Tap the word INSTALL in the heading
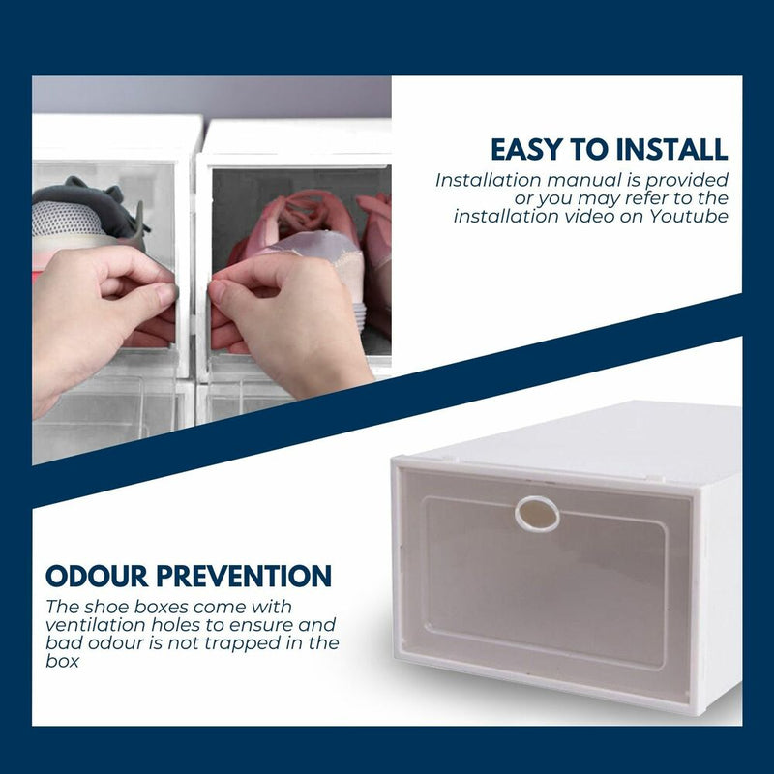pos(672,150)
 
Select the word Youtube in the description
pos(689,216)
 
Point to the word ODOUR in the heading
pos(97,576)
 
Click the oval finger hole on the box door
pos(537,515)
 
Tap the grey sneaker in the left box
pos(89,217)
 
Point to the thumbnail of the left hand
pos(166,294)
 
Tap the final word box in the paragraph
pos(62,662)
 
